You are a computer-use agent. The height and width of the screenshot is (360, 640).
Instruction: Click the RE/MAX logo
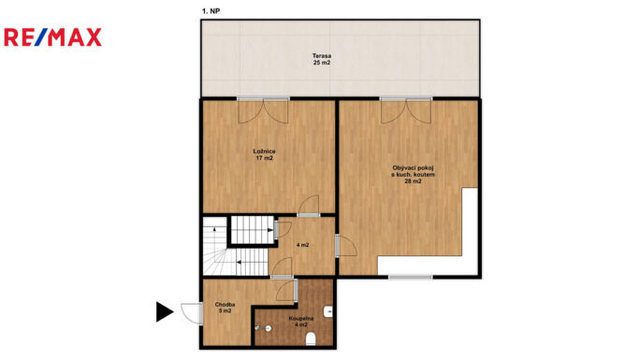pyautogui.click(x=52, y=37)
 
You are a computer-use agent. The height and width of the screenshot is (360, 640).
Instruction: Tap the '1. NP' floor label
pyautogui.click(x=211, y=11)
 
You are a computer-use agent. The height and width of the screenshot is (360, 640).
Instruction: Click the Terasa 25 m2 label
pyautogui.click(x=322, y=59)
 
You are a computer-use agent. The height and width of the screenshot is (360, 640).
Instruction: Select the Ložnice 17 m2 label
pyautogui.click(x=264, y=154)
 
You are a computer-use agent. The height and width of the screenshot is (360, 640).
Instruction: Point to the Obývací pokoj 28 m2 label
pyautogui.click(x=413, y=175)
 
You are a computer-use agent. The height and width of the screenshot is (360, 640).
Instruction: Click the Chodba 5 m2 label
pyautogui.click(x=225, y=308)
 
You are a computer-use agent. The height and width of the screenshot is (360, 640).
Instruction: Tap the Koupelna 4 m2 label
pyautogui.click(x=300, y=322)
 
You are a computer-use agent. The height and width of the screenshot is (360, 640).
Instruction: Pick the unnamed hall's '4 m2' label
pyautogui.click(x=302, y=245)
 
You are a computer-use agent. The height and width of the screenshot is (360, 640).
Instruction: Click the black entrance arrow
pyautogui.click(x=165, y=312)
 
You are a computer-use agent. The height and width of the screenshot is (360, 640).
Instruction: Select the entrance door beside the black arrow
pyautogui.click(x=192, y=313)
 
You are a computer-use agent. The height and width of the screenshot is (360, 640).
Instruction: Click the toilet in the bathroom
pyautogui.click(x=311, y=338)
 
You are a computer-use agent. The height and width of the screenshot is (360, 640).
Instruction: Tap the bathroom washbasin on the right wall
pyautogui.click(x=328, y=312)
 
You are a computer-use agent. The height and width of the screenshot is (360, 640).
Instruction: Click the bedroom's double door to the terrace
pyautogui.click(x=263, y=110)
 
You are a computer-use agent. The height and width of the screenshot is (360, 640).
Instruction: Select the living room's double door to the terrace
pyautogui.click(x=406, y=110)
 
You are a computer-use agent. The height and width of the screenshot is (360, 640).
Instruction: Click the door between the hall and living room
pyautogui.click(x=345, y=245)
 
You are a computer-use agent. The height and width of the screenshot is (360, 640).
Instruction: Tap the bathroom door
pyautogui.click(x=286, y=290)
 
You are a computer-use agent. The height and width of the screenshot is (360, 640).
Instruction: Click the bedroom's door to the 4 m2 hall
pyautogui.click(x=309, y=206)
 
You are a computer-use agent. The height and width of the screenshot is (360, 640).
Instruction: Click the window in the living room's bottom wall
pyautogui.click(x=410, y=277)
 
